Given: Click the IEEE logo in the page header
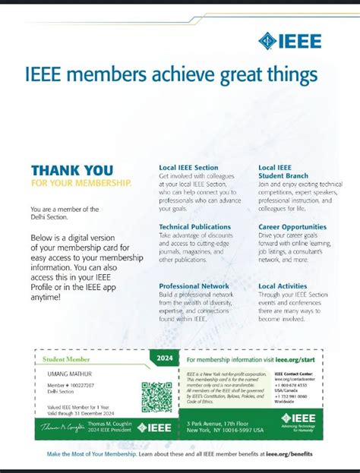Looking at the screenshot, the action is (x=290, y=41).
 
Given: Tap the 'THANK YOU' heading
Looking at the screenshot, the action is (x=72, y=170).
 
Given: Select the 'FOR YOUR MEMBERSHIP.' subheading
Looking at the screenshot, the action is (x=81, y=183).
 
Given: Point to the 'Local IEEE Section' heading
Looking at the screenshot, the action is (x=188, y=167).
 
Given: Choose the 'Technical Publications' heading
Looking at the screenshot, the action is (x=194, y=226).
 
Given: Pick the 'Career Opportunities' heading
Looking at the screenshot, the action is (x=292, y=226).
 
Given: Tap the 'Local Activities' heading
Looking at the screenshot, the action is (x=283, y=286).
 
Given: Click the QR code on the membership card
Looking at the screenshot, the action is (x=157, y=397).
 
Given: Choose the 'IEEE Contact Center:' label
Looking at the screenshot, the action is (x=294, y=374).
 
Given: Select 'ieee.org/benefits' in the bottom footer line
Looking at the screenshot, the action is (x=289, y=453).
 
